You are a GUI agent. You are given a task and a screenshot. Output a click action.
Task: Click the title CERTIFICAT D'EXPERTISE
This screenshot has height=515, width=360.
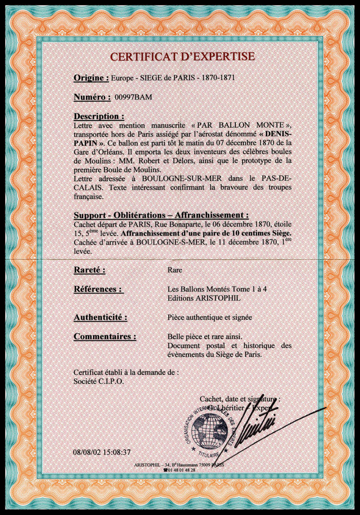click(182, 56)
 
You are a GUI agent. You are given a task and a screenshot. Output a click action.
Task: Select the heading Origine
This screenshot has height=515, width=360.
click(91, 78)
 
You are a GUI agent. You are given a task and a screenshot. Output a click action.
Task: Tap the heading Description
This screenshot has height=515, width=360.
click(99, 116)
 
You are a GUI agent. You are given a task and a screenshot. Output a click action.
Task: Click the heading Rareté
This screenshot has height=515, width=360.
click(90, 270)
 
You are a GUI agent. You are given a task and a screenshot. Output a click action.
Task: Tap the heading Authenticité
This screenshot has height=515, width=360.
click(100, 318)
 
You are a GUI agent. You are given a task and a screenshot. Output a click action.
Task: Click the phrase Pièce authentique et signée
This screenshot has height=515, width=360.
click(209, 318)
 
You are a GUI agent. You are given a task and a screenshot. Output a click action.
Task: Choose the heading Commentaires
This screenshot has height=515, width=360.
click(105, 336)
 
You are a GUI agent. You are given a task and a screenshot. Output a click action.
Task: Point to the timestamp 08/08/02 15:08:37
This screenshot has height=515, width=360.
click(102, 452)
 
